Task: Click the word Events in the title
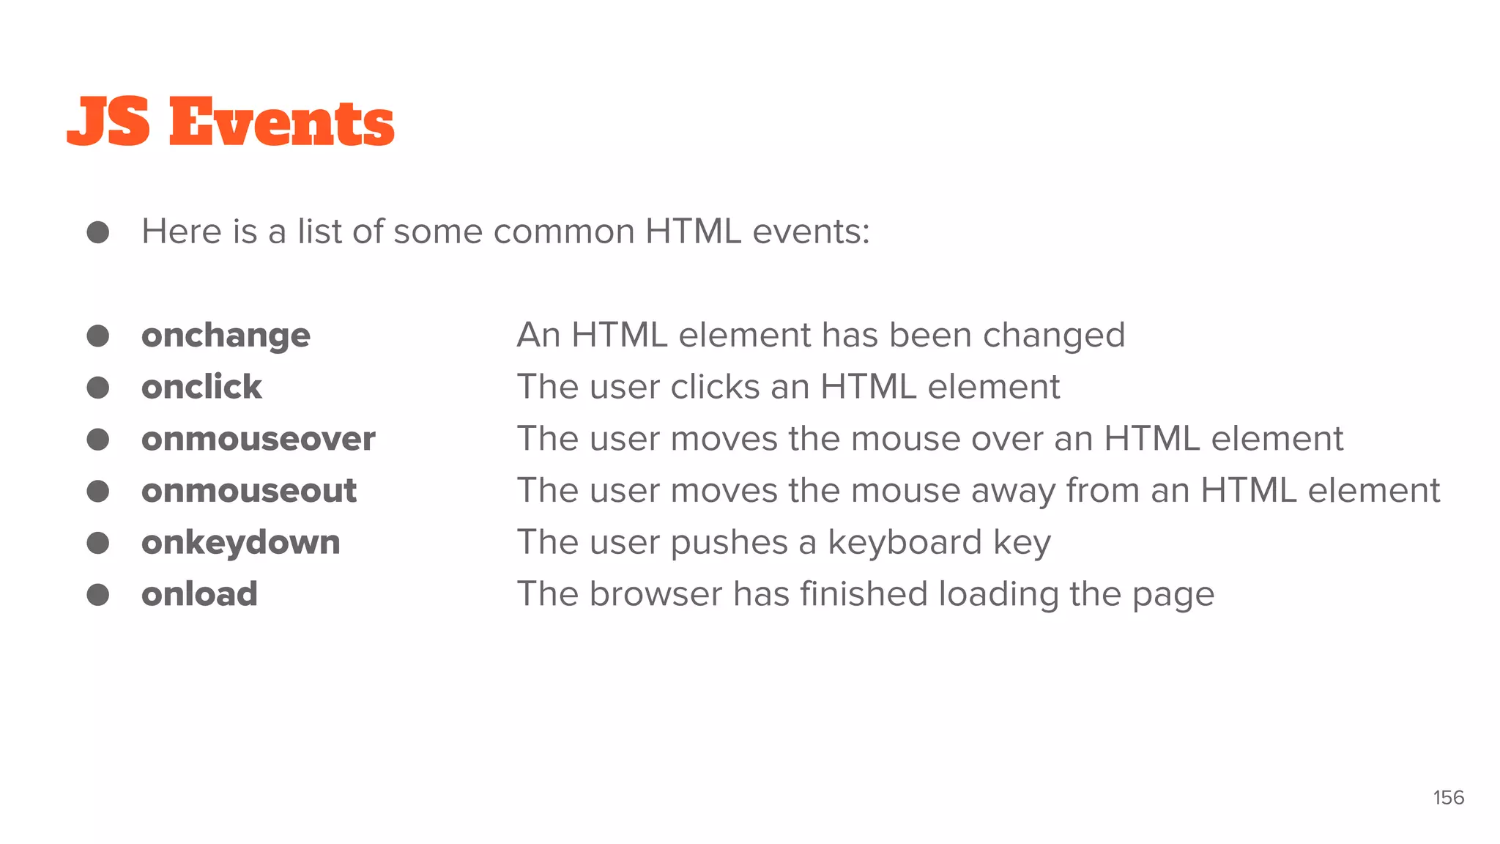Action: point(282,122)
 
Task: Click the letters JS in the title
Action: point(108,122)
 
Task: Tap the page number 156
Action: point(1448,798)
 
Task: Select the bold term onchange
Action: point(226,336)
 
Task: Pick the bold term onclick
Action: point(201,387)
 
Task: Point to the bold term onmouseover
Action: point(258,439)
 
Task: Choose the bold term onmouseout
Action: point(249,491)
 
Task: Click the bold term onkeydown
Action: point(240,543)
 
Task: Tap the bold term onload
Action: point(199,594)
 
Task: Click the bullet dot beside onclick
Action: point(98,388)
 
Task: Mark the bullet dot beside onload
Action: point(98,594)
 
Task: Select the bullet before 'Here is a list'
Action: point(98,232)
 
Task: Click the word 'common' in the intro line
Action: point(564,232)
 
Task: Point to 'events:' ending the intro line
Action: point(811,232)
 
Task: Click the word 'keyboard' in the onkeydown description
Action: point(905,543)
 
